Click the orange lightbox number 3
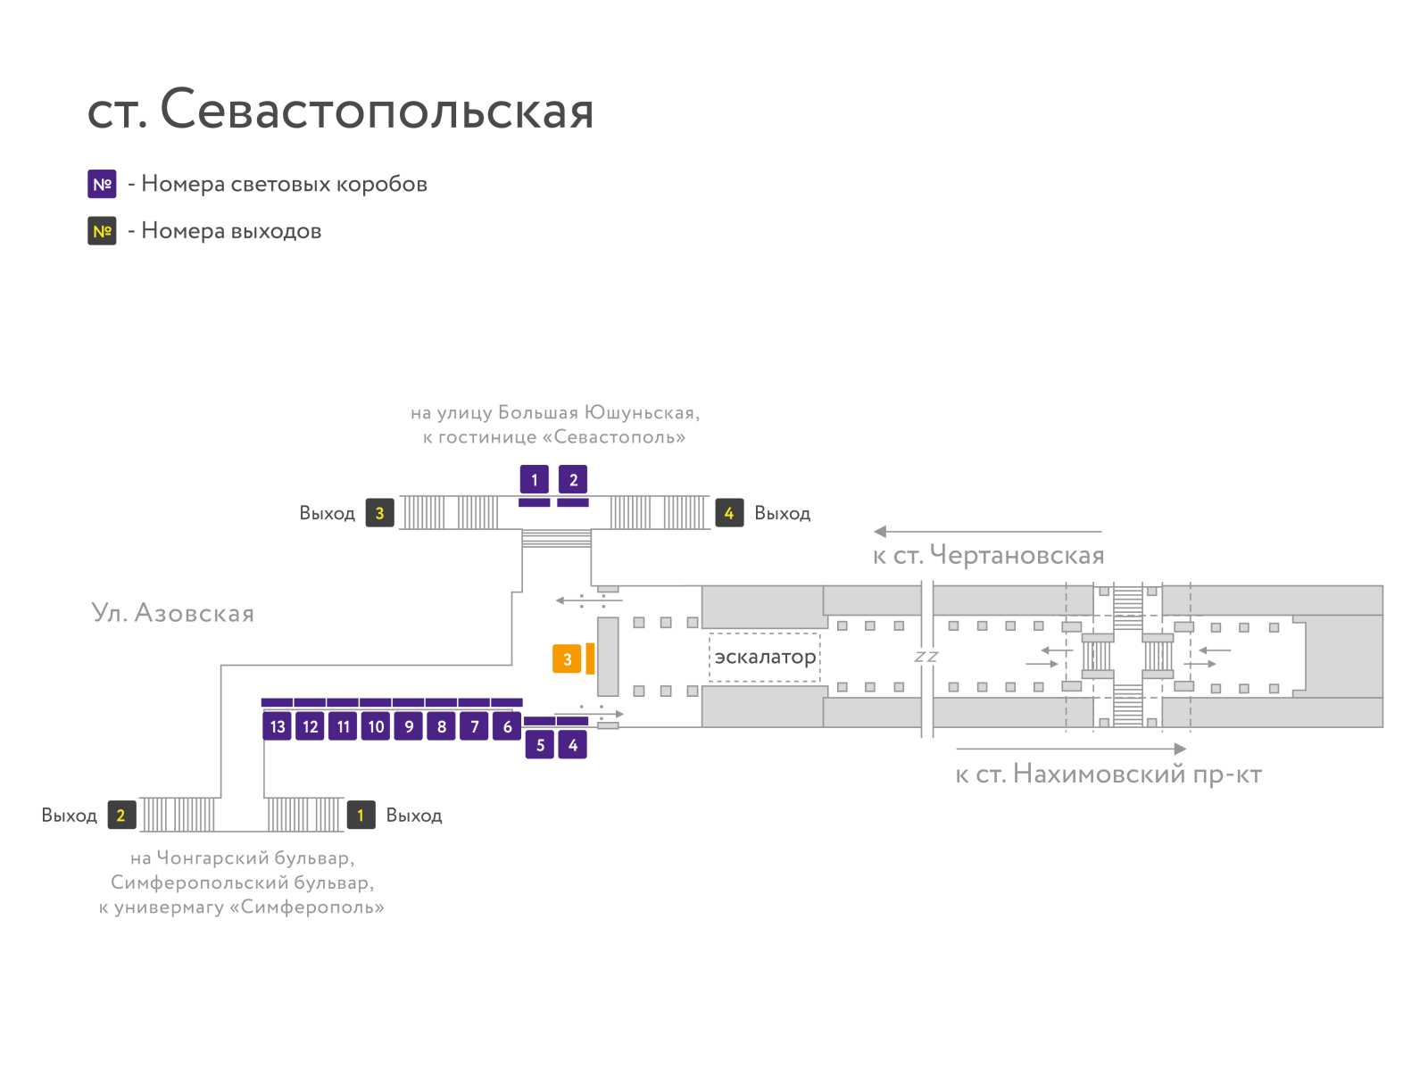click(566, 658)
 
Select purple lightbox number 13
click(278, 725)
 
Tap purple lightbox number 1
click(534, 480)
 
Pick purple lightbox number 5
click(539, 744)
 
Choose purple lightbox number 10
click(376, 725)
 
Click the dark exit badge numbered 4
click(729, 513)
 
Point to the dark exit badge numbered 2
click(121, 815)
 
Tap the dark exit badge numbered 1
click(361, 815)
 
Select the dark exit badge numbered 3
click(380, 513)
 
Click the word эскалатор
click(765, 658)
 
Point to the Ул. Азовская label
click(173, 612)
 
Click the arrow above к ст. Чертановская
click(988, 531)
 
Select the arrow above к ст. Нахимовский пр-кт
click(1071, 749)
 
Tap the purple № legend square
click(102, 184)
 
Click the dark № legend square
click(102, 231)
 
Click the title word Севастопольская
click(377, 109)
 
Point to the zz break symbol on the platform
click(926, 657)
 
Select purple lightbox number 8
click(441, 725)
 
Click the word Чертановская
click(1017, 554)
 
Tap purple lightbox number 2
click(573, 480)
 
